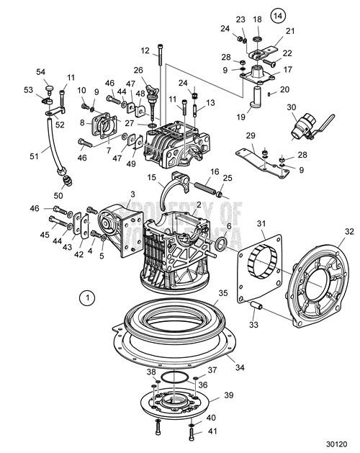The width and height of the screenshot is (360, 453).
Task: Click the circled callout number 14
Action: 278,14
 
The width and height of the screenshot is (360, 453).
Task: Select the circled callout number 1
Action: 87,296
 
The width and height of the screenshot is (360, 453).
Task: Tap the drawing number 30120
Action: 336,444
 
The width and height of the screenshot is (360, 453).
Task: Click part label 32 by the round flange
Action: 349,231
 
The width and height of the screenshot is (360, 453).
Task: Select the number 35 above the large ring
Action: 222,294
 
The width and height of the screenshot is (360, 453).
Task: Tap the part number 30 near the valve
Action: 291,107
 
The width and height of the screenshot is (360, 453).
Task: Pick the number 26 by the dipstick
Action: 139,70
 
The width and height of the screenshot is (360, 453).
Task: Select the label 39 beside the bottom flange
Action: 229,396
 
